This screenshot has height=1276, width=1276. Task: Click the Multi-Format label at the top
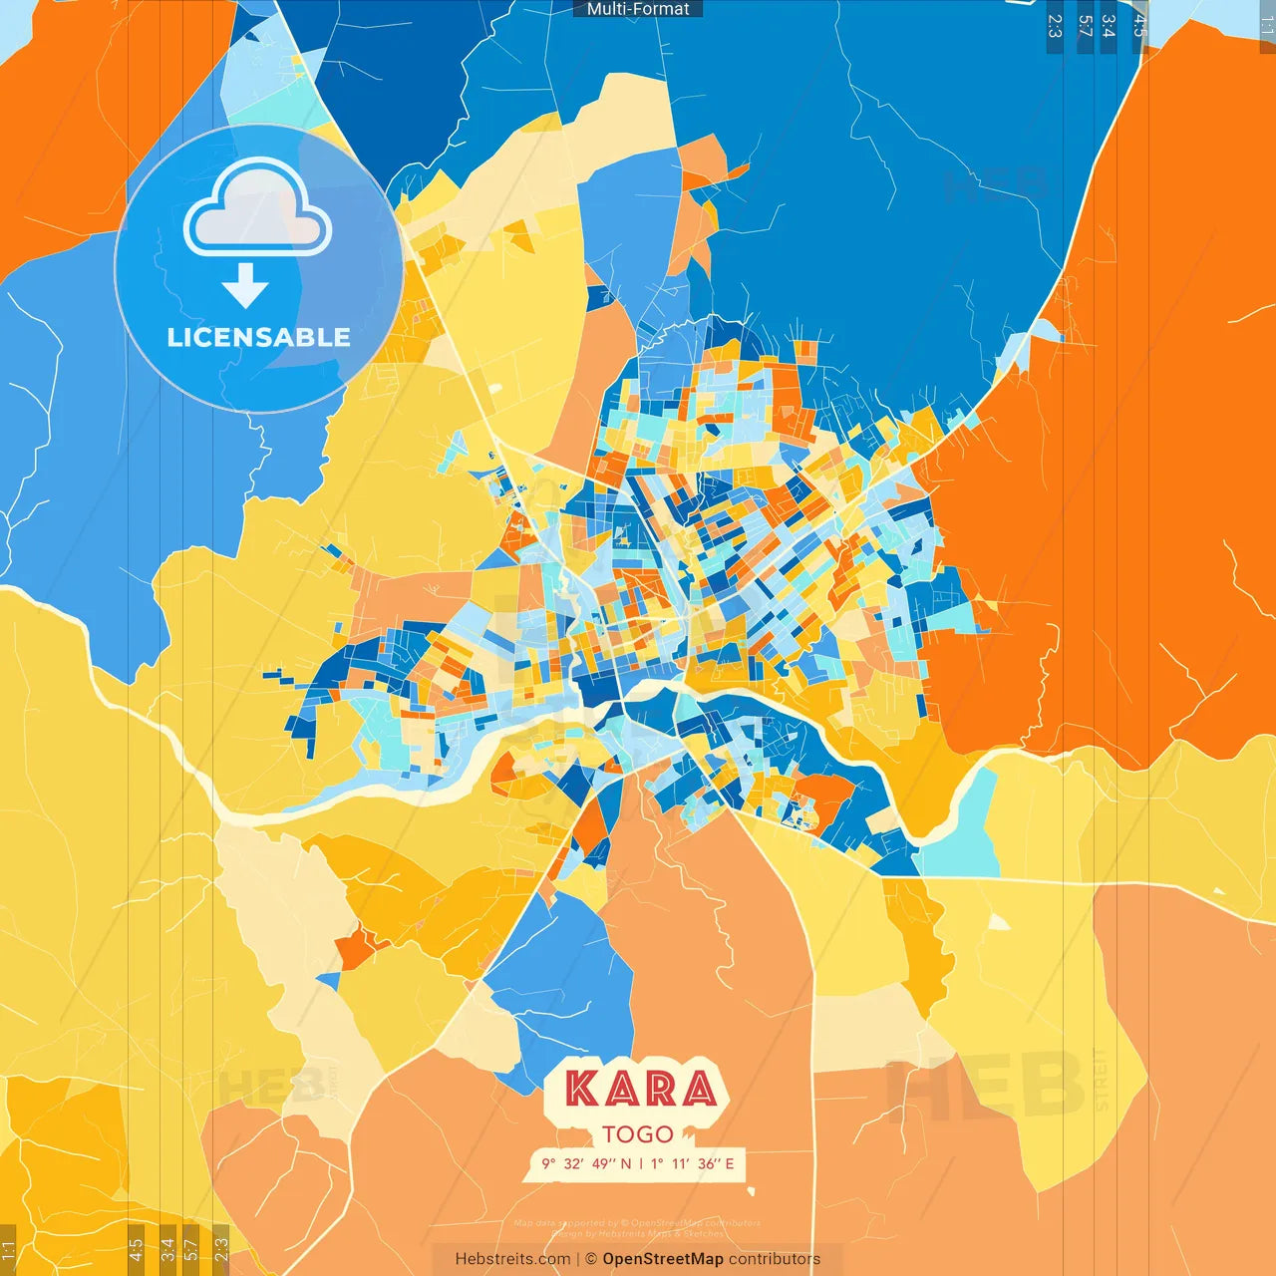coord(638,9)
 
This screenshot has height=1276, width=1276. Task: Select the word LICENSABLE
coord(258,337)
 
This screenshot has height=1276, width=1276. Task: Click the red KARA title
coord(640,1089)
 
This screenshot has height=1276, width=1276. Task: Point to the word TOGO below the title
coord(638,1134)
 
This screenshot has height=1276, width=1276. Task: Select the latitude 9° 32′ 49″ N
coord(586,1163)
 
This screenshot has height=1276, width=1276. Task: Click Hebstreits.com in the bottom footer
coord(512,1259)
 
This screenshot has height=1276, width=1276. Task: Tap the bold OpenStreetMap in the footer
coord(663,1259)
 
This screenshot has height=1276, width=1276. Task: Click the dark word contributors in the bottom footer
coord(775,1259)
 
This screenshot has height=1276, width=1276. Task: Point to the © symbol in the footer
coord(591,1259)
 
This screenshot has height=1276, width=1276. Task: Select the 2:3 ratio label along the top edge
coord(1055,26)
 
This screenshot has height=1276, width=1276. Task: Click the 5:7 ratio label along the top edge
coord(1085,26)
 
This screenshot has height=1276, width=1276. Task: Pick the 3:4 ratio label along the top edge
coord(1109,26)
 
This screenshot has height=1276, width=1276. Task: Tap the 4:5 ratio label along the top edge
coord(1139,26)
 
